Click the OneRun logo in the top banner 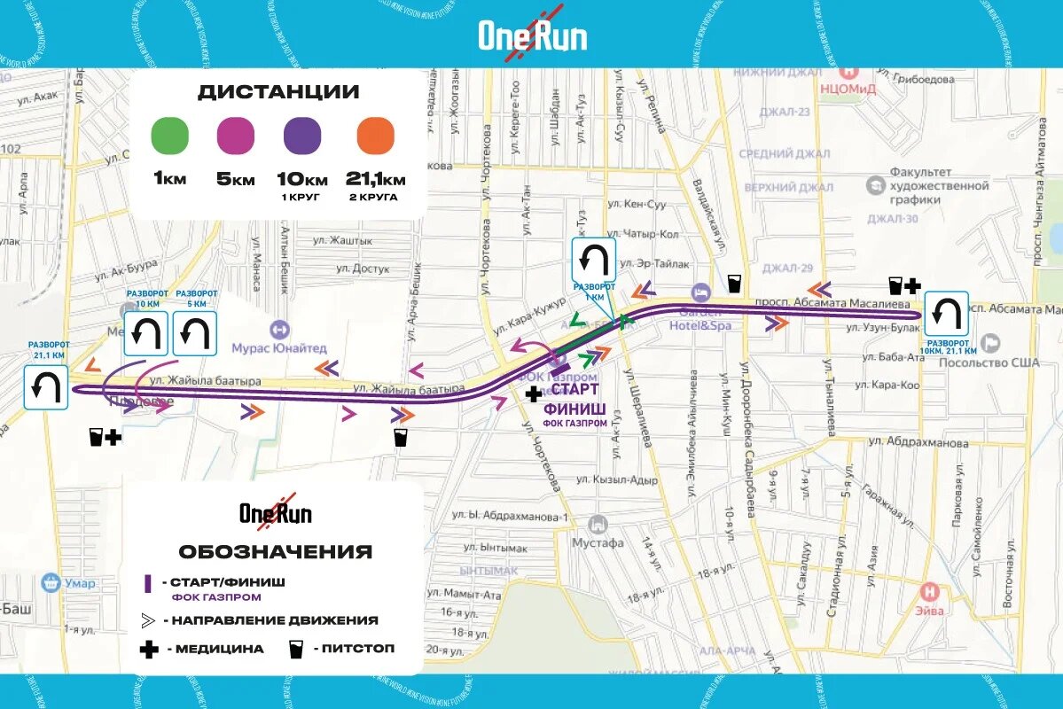click(533, 35)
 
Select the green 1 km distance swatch click(170, 136)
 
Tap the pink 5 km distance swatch click(236, 136)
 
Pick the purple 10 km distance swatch click(302, 136)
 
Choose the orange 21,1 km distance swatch click(375, 136)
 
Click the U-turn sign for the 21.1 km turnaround click(46, 388)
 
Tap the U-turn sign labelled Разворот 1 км click(594, 260)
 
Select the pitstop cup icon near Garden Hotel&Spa click(734, 284)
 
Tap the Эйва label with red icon click(930, 609)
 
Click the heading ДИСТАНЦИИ click(278, 92)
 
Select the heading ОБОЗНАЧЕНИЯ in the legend click(275, 551)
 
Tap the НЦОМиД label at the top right click(849, 88)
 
